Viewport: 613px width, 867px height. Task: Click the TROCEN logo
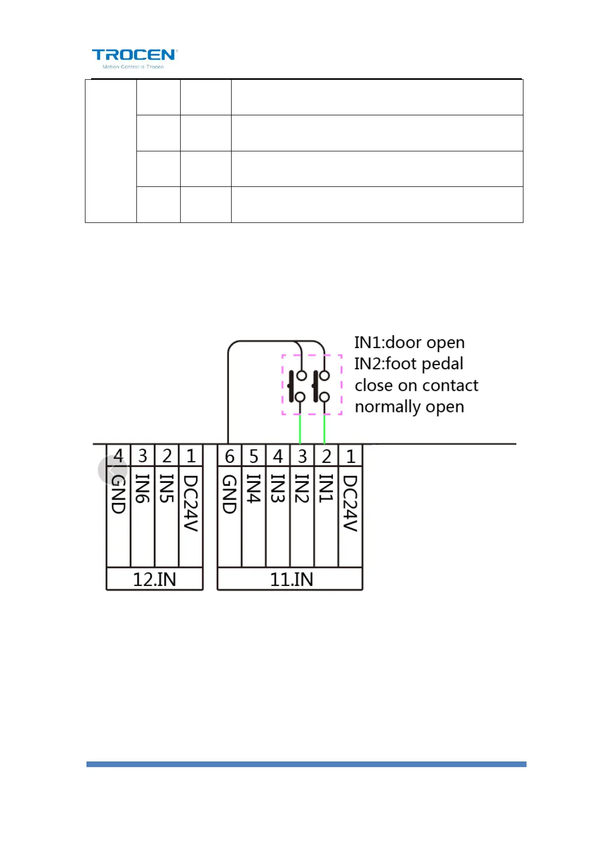134,58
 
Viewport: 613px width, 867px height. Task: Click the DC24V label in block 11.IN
350,502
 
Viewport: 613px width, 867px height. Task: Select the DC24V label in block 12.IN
190,502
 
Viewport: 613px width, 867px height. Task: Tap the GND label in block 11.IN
229,494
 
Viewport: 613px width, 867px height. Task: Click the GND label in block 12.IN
118,494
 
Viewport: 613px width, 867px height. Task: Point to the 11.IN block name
291,580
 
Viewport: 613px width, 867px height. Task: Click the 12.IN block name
154,580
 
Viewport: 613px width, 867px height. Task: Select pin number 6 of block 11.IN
230,456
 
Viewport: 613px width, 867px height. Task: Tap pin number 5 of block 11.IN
254,456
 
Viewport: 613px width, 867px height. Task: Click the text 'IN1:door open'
409,342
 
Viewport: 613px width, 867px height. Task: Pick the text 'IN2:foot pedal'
409,364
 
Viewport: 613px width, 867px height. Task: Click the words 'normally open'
409,407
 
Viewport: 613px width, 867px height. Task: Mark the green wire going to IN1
324,429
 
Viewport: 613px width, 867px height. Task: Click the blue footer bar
306,765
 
